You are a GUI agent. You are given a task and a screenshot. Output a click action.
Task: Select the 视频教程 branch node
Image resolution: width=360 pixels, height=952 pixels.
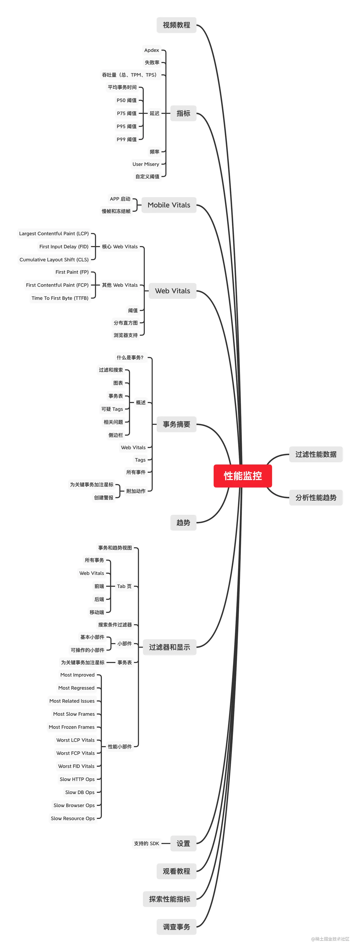[176, 25]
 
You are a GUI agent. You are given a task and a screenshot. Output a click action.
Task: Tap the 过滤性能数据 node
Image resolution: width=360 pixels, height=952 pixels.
[316, 454]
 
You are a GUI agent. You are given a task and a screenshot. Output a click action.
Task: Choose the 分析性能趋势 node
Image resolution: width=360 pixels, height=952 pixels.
[316, 498]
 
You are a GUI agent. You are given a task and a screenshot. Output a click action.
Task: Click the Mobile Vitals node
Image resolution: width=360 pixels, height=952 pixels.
[169, 205]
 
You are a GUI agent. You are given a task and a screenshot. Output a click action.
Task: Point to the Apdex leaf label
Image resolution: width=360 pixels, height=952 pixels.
[151, 50]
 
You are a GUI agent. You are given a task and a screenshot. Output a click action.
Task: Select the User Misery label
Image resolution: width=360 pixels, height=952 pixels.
[146, 164]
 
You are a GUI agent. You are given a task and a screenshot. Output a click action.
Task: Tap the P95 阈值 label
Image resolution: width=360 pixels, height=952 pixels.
[126, 126]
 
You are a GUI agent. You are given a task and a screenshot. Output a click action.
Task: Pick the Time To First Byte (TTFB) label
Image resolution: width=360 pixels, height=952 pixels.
[60, 298]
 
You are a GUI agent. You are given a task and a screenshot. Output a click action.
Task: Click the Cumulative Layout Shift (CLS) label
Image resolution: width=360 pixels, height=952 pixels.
[54, 260]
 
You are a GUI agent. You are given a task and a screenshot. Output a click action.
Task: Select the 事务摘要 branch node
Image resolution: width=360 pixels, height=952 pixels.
[176, 424]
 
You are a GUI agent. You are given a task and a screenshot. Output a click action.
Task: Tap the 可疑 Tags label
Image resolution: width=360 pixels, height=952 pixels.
[112, 409]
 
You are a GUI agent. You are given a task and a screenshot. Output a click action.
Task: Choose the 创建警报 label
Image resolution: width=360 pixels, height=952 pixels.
[104, 498]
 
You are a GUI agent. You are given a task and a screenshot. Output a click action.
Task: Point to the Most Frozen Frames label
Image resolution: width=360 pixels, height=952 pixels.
[72, 727]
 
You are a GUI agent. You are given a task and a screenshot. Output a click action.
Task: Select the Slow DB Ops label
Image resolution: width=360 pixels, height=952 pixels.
[80, 792]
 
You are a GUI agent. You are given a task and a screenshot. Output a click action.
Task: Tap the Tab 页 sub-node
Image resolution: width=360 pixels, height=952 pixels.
[124, 586]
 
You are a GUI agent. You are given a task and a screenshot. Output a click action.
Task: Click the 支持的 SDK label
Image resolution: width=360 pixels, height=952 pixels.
[146, 843]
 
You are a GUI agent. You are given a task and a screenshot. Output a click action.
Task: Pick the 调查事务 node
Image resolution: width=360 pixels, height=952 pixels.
[176, 927]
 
